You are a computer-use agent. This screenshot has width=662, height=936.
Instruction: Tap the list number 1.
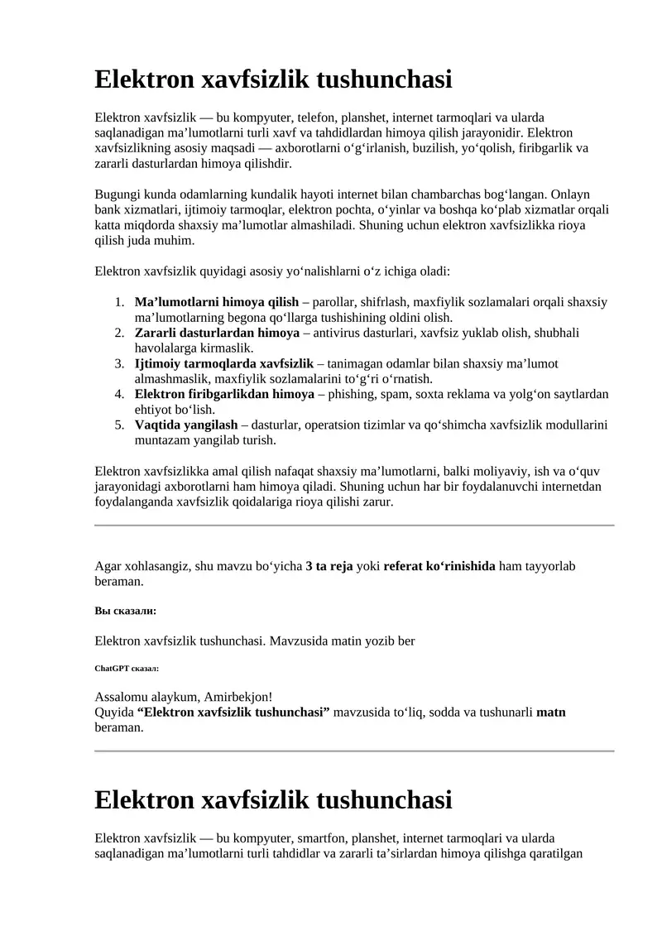click(119, 302)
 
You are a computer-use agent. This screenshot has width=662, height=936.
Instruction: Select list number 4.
click(119, 394)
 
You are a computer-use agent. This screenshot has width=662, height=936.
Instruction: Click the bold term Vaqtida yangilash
click(186, 425)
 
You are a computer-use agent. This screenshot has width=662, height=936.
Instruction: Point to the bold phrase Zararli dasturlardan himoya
click(217, 333)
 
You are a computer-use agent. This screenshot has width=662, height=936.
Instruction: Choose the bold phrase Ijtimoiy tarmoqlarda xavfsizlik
click(224, 363)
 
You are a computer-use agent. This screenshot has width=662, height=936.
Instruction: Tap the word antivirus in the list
click(338, 333)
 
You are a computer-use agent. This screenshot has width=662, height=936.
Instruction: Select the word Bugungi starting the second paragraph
click(118, 194)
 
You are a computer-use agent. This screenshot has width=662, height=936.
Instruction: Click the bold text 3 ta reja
click(329, 566)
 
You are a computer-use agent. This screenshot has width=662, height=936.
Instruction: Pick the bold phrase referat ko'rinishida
click(439, 566)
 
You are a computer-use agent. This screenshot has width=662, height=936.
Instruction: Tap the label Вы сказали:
click(126, 611)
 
